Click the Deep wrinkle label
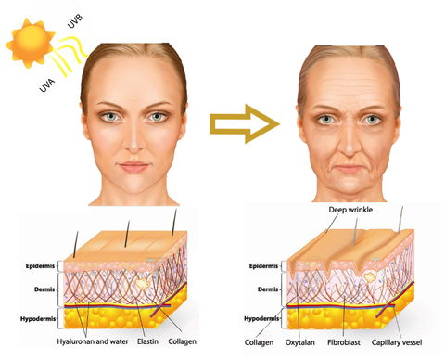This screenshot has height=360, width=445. click(357, 211)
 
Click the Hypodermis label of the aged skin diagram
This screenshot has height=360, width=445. click(262, 316)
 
